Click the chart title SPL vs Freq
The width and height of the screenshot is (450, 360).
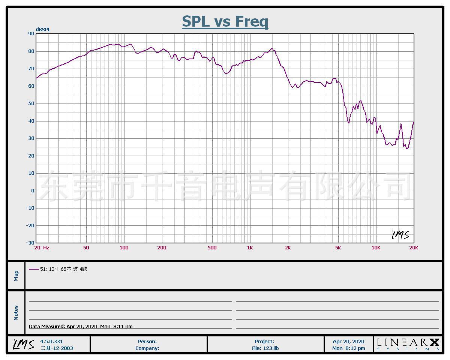(225, 21)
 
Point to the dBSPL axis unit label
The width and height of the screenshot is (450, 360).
(43, 30)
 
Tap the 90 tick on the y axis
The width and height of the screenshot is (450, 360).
(31, 34)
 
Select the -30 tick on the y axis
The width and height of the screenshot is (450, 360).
(30, 243)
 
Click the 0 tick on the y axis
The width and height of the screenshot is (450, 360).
(33, 190)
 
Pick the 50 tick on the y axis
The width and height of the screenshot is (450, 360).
(31, 103)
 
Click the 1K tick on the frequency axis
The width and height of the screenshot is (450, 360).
(250, 248)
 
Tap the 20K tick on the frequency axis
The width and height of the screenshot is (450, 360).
(414, 248)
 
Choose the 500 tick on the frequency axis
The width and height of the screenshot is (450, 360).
(212, 248)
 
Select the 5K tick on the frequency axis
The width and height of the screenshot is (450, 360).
(338, 248)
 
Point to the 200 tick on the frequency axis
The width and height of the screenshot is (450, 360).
(162, 248)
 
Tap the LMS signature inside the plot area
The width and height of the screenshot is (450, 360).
(400, 235)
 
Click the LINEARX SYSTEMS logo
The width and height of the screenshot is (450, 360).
(408, 344)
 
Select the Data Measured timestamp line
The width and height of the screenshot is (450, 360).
(81, 326)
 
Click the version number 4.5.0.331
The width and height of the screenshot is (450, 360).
(51, 341)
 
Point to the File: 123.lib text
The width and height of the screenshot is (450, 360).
(265, 348)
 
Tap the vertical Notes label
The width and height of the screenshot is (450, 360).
(16, 313)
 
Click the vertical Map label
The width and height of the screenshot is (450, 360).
(16, 276)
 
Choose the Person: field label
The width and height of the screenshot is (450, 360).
(147, 341)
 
